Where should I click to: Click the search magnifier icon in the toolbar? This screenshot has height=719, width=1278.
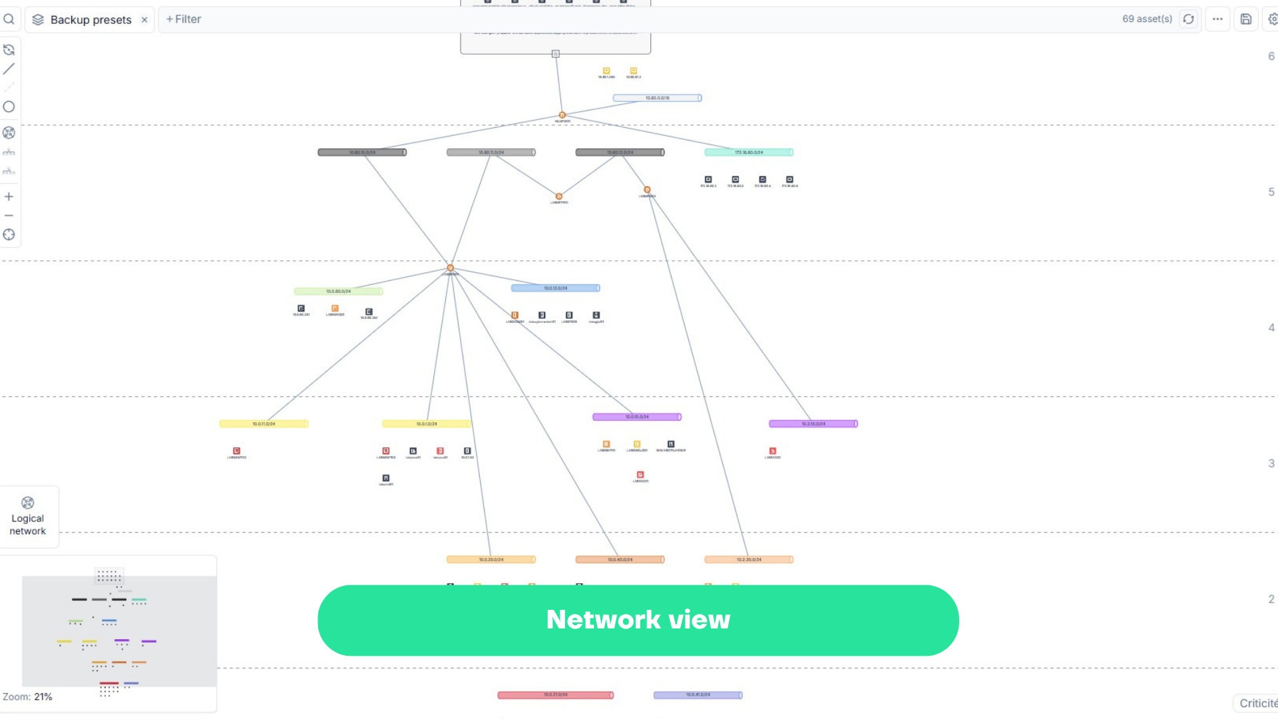tap(9, 19)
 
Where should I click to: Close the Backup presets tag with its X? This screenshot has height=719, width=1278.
tap(144, 20)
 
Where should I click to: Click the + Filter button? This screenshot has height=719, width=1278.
tap(184, 19)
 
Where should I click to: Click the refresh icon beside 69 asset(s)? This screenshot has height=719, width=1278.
tap(1188, 19)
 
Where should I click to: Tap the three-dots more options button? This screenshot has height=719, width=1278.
tap(1217, 19)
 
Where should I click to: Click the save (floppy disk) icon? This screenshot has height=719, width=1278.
tap(1246, 19)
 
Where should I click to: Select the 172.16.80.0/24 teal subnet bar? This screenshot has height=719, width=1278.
tap(749, 152)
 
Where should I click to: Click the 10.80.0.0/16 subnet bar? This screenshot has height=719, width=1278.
tap(657, 98)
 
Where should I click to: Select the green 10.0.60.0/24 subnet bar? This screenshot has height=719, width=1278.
tap(338, 292)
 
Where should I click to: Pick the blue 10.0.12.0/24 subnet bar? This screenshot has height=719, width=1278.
tap(555, 288)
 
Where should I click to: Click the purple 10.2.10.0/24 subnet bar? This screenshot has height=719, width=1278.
tap(813, 424)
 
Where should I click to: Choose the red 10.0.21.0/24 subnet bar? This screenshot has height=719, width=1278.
tap(555, 695)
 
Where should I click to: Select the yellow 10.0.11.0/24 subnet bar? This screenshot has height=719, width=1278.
tap(264, 424)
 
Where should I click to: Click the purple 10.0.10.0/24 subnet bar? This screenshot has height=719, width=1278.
tap(636, 417)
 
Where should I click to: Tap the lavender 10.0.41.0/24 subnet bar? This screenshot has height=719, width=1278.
tap(698, 695)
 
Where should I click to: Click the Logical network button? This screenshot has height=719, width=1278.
tap(28, 517)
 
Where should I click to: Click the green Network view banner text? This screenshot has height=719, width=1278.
tap(638, 620)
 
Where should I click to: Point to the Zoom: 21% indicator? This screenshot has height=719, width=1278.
tap(27, 697)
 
